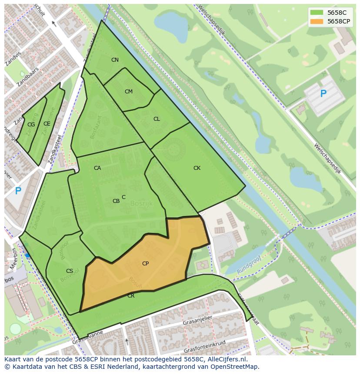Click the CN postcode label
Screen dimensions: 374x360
tap(115, 60)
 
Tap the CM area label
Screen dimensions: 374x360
tap(128, 92)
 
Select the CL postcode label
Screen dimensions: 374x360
tap(157, 119)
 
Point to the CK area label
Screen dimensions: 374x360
tap(197, 168)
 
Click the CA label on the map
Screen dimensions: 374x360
tap(97, 168)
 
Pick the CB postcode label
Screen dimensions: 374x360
tap(116, 201)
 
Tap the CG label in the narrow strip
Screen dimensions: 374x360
tap(31, 125)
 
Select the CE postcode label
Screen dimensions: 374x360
tap(47, 124)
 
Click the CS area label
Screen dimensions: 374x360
tap(70, 271)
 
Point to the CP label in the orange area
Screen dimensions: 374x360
tap(145, 264)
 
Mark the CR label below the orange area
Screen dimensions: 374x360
tap(131, 296)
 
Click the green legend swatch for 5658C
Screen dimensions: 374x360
tap(317, 12)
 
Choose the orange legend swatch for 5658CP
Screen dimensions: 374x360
tap(317, 21)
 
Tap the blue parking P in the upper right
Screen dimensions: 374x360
tap(323, 93)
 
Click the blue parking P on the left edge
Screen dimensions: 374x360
tap(18, 191)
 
